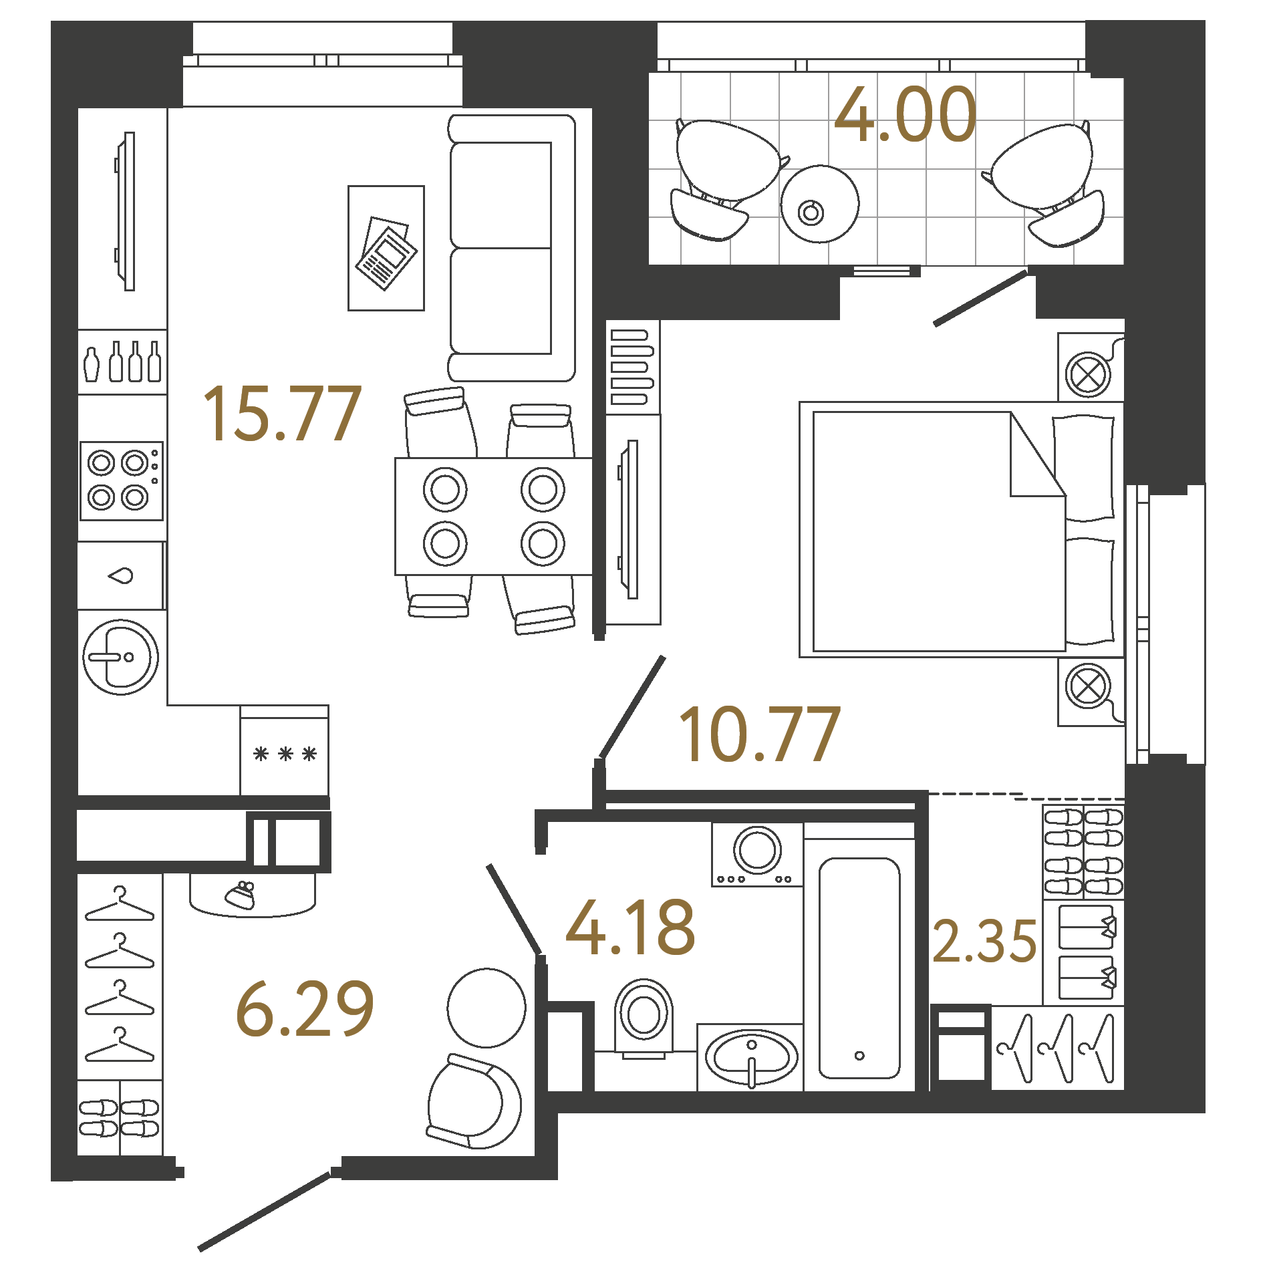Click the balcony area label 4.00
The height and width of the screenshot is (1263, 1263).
click(905, 115)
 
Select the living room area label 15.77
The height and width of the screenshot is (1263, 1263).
click(282, 414)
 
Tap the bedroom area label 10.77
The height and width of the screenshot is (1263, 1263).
click(759, 735)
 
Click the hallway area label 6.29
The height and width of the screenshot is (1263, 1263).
click(305, 1009)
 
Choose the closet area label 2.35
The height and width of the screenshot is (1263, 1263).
click(984, 942)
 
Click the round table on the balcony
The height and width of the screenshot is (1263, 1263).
click(819, 204)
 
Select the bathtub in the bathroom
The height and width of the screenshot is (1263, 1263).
click(859, 969)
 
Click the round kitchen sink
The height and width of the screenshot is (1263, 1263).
click(120, 657)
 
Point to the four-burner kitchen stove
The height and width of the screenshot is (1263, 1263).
click(122, 480)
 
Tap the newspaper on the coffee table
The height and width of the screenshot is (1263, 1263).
click(386, 253)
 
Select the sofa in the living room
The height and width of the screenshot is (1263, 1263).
click(511, 248)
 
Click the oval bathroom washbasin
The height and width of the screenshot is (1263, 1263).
click(751, 1058)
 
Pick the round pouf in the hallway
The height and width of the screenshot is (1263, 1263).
click(486, 1008)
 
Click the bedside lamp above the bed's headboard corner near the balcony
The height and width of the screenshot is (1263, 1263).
click(1087, 374)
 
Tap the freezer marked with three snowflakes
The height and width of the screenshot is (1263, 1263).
click(285, 754)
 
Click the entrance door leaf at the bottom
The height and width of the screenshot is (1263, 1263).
click(265, 1211)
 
